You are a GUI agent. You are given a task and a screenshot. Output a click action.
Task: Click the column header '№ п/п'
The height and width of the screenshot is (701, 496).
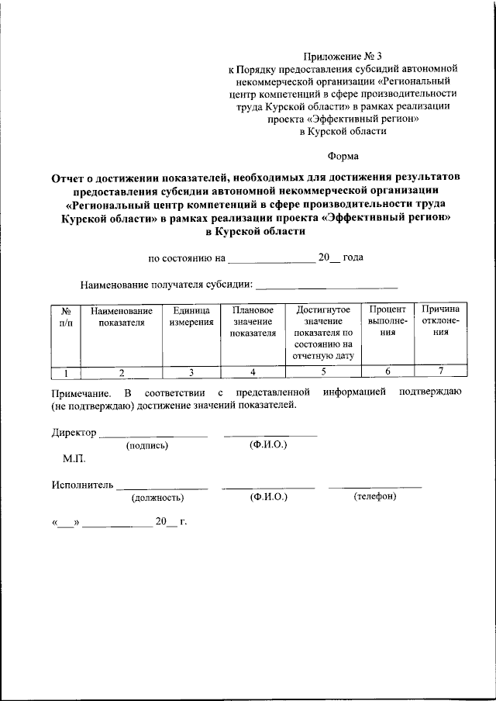click(x=66, y=316)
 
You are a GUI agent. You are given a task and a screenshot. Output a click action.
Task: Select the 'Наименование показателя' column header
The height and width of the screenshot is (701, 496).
click(x=122, y=316)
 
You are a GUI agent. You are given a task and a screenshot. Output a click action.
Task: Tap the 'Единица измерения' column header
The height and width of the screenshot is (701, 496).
click(x=191, y=316)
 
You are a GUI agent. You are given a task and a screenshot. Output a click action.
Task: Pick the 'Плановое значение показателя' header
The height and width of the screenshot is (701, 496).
click(x=253, y=322)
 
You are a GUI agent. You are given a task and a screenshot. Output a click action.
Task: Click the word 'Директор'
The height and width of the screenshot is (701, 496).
click(x=74, y=433)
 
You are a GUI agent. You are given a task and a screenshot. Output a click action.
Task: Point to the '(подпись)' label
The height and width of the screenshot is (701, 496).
click(x=146, y=446)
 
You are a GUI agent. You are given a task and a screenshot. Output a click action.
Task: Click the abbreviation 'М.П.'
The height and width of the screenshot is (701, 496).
click(x=74, y=460)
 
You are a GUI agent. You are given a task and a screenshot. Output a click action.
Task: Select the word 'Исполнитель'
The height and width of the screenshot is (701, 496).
click(x=82, y=485)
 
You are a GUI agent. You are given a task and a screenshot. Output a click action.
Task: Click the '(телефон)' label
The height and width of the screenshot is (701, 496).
click(x=375, y=496)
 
